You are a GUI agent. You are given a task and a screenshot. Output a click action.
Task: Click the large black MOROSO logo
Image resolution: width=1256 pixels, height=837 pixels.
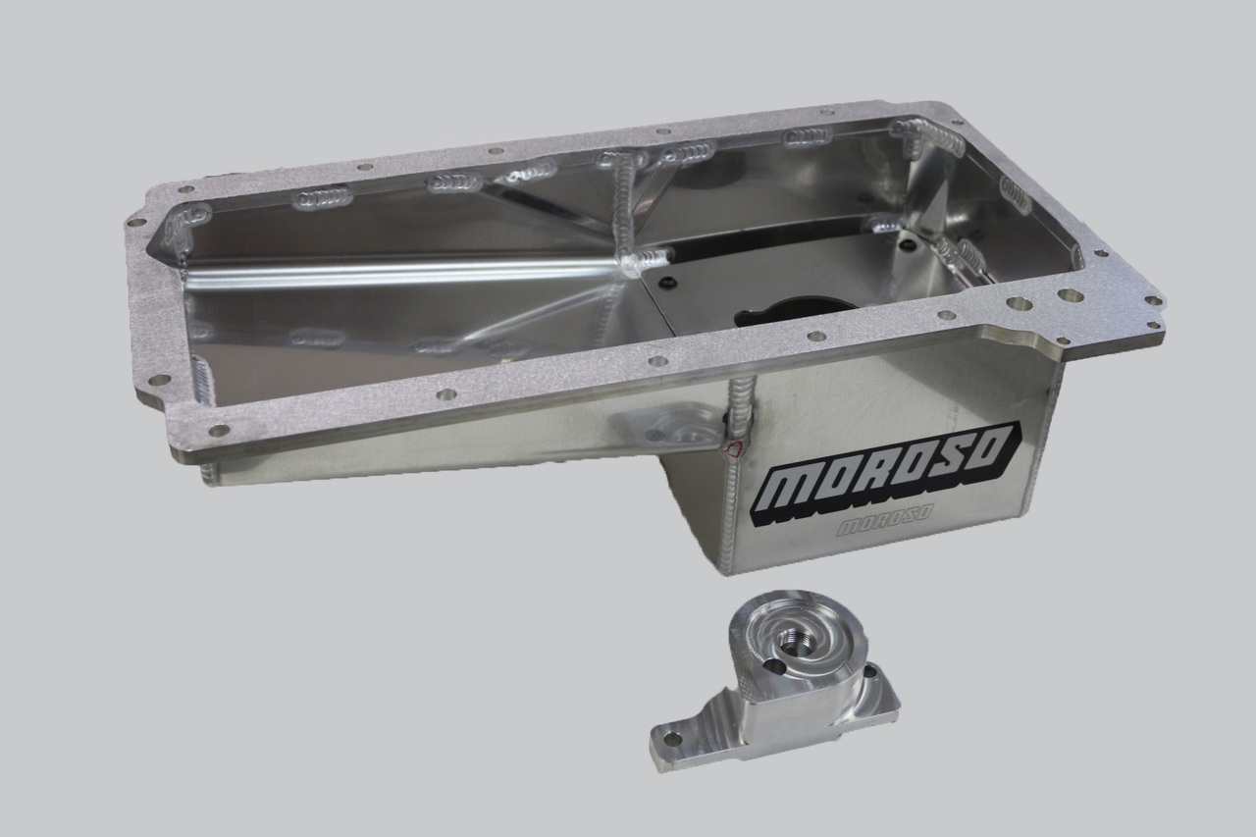888,475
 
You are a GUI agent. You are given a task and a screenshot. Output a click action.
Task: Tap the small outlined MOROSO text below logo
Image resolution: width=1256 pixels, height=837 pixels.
884,526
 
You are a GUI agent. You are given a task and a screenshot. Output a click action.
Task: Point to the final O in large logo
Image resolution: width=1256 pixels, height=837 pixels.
992,450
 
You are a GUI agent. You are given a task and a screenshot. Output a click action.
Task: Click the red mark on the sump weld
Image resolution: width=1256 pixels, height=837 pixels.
730,449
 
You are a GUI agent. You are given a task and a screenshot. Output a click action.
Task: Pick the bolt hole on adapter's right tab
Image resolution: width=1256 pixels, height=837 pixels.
871,673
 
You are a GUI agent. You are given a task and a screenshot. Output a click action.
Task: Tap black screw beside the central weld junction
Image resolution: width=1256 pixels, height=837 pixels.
667,284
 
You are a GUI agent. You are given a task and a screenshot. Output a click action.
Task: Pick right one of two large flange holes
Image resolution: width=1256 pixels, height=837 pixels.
1070,294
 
